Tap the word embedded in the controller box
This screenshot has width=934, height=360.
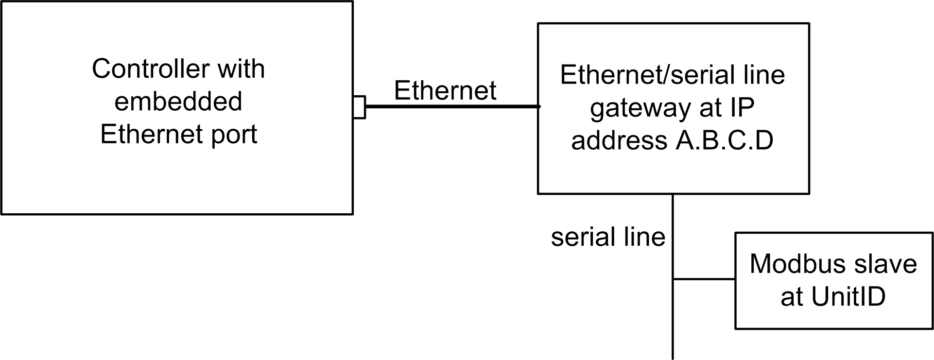[x=178, y=102]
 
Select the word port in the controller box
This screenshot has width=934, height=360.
[x=234, y=135]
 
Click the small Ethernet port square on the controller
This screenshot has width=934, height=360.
[x=359, y=107]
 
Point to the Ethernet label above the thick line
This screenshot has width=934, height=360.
[x=445, y=90]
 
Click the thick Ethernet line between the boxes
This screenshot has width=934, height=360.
[x=452, y=106]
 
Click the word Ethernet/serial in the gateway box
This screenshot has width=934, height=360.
[x=646, y=75]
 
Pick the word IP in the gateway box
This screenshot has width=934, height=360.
[x=742, y=108]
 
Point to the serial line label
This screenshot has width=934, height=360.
[x=608, y=238]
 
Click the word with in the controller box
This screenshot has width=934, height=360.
[x=241, y=69]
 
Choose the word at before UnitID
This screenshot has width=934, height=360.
[x=792, y=297]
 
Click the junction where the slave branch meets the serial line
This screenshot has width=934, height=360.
[x=673, y=279]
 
